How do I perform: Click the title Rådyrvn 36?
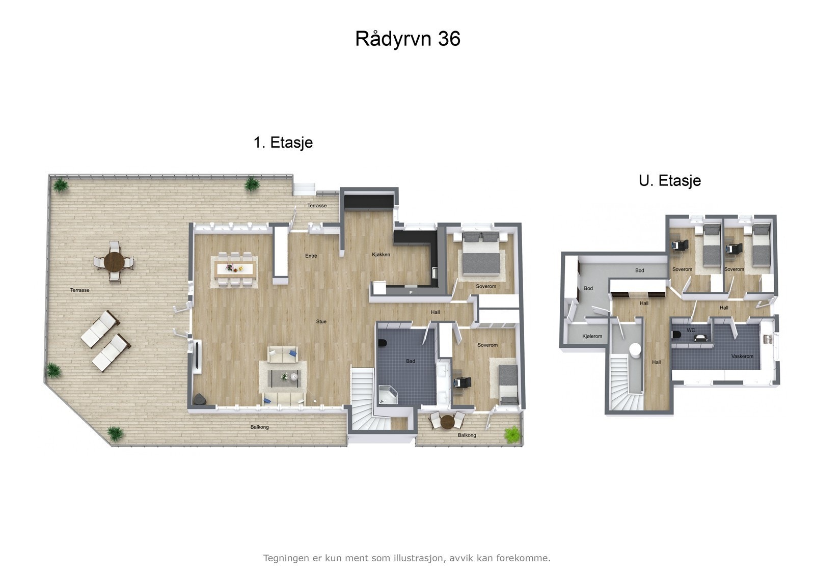point(407,39)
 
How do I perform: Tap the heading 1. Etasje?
point(283,142)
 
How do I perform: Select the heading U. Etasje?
point(670,180)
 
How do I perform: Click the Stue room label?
point(321,321)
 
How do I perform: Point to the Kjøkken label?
point(381,254)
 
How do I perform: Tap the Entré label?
point(311,256)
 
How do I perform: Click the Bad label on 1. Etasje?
point(411,361)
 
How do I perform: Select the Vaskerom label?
point(742,356)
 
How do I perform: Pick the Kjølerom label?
point(592,336)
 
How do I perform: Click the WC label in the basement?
point(691,330)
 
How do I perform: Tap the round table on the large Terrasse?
point(115,262)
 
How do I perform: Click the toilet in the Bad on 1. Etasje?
point(383,343)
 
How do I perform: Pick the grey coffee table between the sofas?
point(285,377)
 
